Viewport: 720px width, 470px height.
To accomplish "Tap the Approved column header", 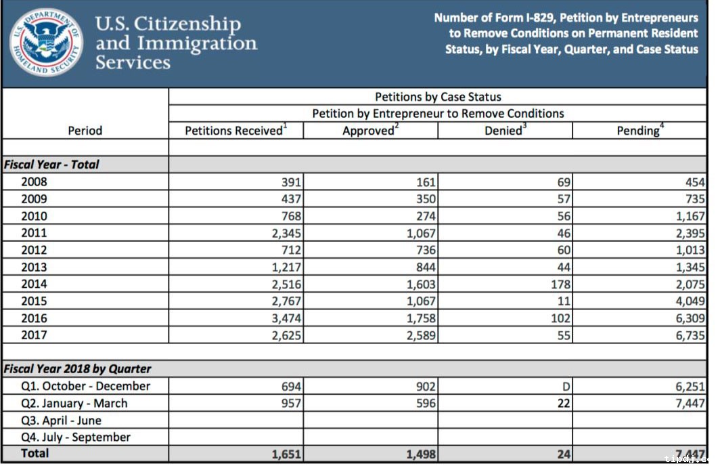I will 370,131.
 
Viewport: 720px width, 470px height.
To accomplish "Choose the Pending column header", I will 639,131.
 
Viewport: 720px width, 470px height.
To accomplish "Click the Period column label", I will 85,131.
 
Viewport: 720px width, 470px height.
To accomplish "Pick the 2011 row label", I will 34,232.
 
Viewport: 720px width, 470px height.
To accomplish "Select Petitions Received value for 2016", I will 286,318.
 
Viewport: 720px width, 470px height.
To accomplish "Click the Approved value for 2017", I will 420,335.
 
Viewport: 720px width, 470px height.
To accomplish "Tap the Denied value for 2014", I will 560,284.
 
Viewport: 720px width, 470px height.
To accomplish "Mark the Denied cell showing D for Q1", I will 566,386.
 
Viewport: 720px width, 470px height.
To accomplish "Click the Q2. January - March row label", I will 74,403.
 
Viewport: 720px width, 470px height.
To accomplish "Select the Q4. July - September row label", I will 76,437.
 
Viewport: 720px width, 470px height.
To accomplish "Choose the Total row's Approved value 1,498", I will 421,454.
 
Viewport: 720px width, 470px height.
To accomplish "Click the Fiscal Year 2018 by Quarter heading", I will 78,369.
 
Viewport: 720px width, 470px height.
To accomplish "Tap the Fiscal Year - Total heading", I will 51,164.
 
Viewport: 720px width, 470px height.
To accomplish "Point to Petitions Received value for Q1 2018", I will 291,386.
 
